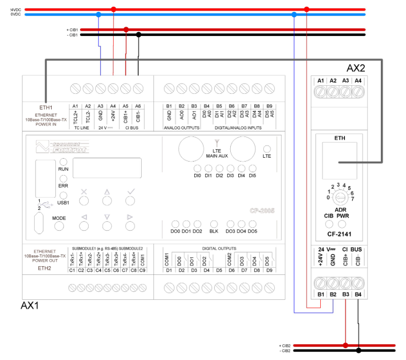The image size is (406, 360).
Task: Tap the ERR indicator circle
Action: tap(63, 178)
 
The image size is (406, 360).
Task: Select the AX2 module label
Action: tap(356, 67)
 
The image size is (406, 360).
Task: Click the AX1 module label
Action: tap(29, 306)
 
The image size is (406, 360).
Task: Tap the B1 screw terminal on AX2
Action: tap(321, 283)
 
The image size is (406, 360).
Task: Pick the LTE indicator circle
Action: tap(267, 149)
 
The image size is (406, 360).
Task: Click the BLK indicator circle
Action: tap(214, 224)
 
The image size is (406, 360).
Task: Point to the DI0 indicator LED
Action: tap(198, 169)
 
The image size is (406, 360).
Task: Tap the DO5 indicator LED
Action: tap(252, 224)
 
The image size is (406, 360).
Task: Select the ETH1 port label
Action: tap(45, 108)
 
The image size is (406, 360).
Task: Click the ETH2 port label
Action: tap(45, 268)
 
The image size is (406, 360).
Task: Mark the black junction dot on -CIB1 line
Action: tap(138, 35)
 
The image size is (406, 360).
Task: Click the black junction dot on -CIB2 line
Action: tap(359, 351)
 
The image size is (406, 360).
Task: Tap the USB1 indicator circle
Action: tap(63, 195)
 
